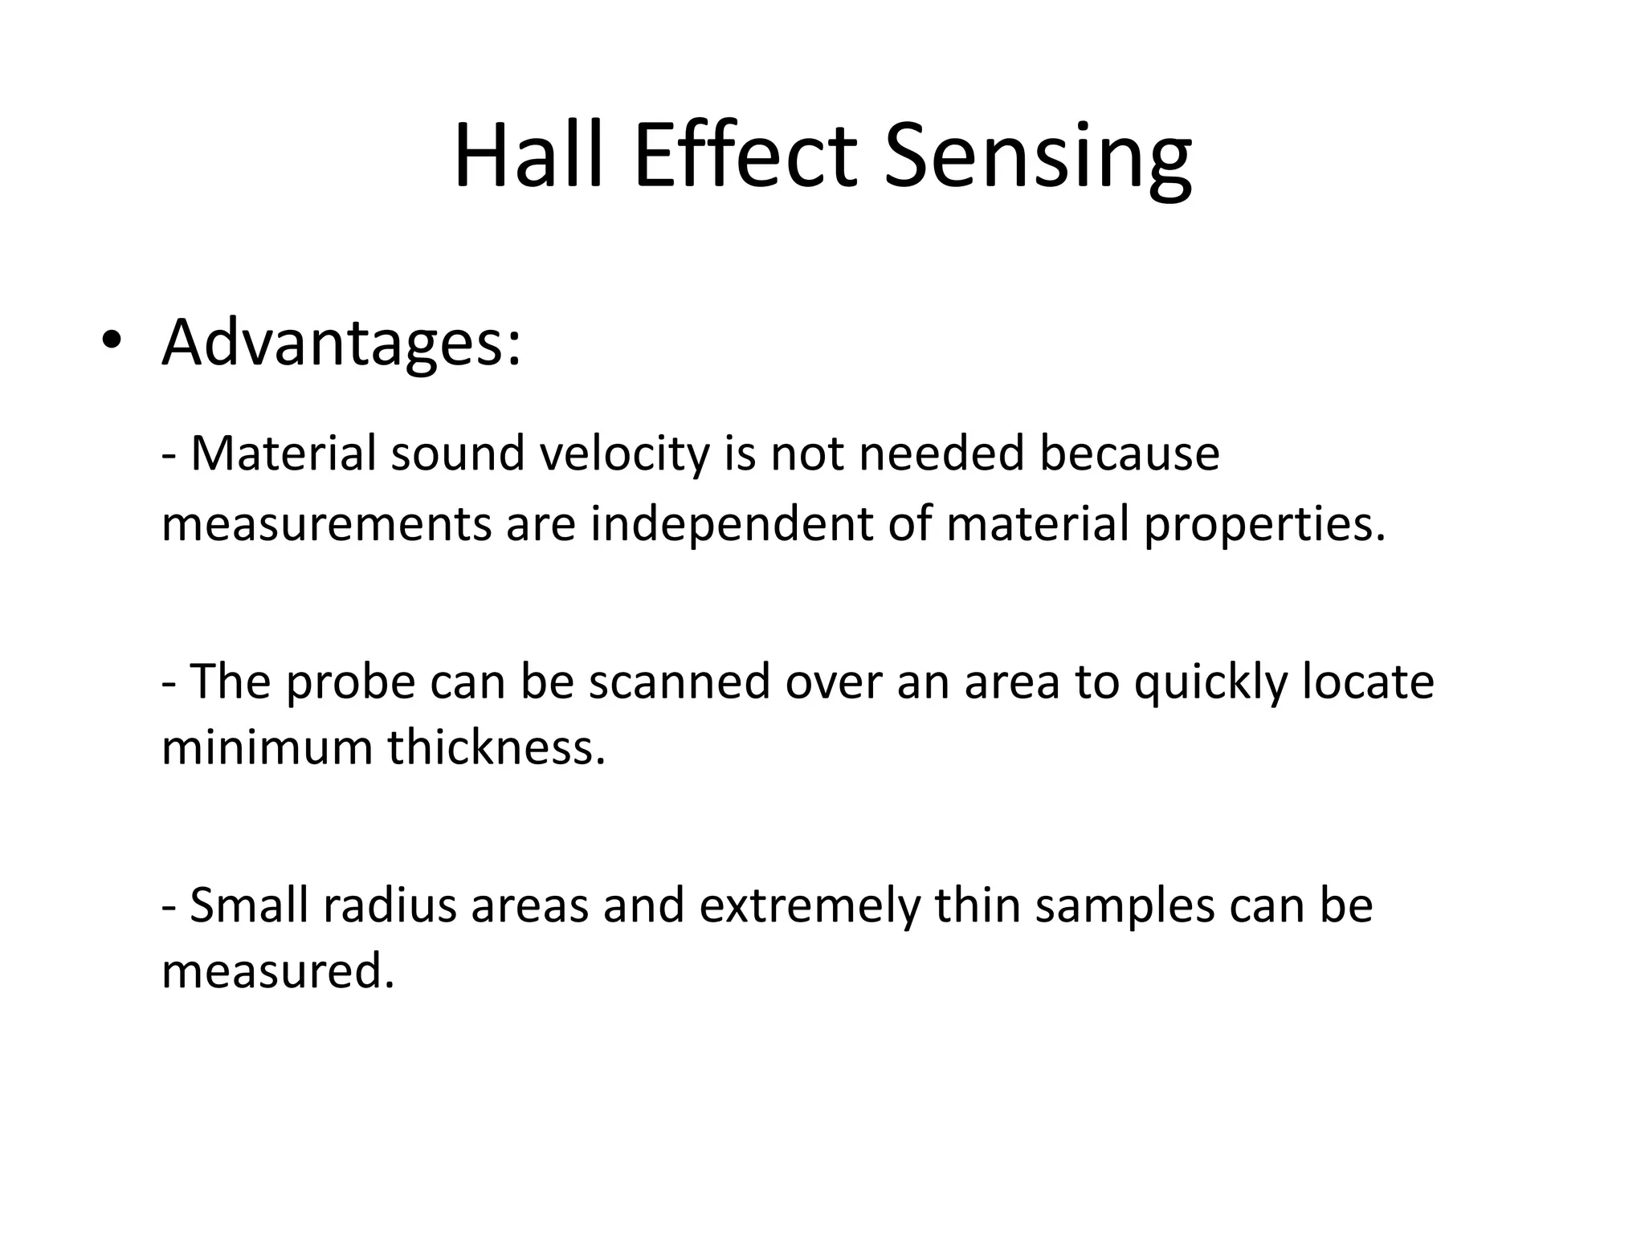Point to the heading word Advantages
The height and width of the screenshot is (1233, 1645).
coord(341,344)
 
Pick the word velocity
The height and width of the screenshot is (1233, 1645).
coord(624,454)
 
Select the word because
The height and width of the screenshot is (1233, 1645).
coord(1129,453)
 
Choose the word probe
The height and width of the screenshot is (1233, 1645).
coord(350,682)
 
